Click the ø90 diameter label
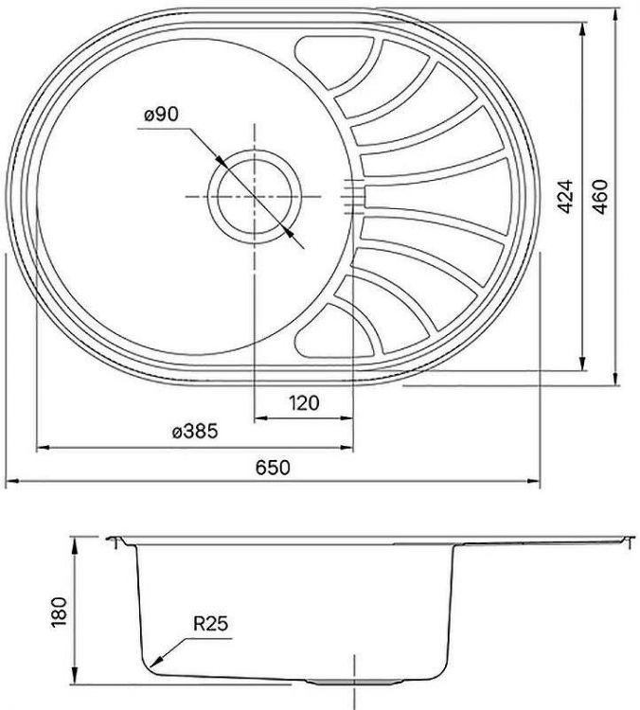pyautogui.click(x=162, y=115)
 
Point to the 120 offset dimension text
pyautogui.click(x=304, y=402)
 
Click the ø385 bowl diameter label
pyautogui.click(x=196, y=433)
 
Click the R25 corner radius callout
pyautogui.click(x=211, y=624)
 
